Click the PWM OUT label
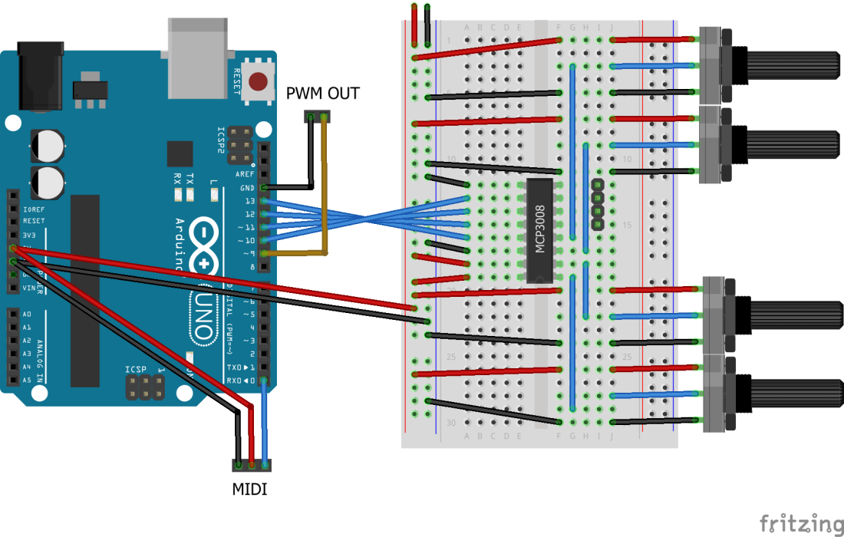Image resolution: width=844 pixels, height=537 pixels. tap(322, 94)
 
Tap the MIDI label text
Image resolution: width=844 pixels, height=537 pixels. tap(250, 489)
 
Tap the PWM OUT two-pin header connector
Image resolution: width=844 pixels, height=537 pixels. tap(318, 117)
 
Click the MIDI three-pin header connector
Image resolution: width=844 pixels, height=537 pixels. tap(252, 465)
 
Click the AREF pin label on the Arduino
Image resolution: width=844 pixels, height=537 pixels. tap(246, 174)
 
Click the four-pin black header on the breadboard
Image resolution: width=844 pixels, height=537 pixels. tap(597, 205)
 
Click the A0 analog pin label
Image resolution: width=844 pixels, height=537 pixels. tap(27, 315)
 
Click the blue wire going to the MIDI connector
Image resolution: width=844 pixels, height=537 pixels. tap(265, 422)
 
